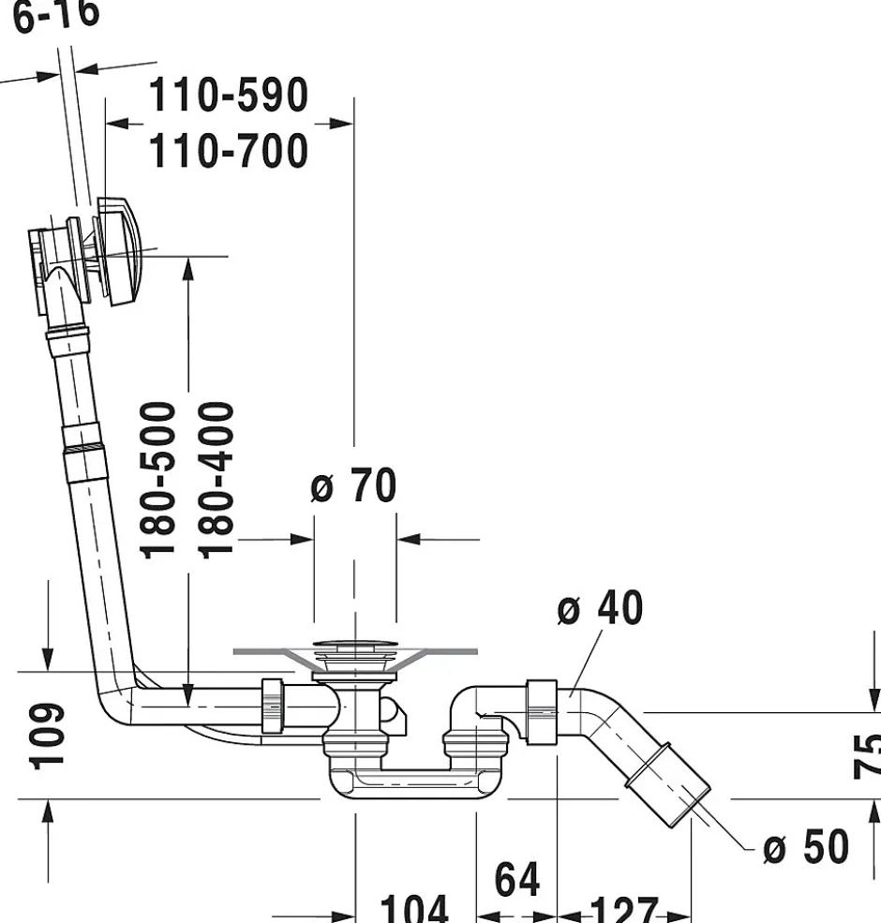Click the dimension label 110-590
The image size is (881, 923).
[x=229, y=95]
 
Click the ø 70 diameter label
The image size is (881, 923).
[x=353, y=486]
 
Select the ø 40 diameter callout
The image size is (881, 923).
[x=600, y=608]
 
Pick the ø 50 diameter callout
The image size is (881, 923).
[x=805, y=847]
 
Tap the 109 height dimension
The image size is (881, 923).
[x=49, y=736]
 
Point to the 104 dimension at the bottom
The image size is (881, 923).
[x=413, y=909]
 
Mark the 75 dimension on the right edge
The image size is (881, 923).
[x=868, y=755]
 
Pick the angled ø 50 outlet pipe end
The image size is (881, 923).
[x=673, y=782]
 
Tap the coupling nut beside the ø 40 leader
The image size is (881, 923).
[x=543, y=712]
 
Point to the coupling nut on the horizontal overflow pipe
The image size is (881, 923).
[x=273, y=705]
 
